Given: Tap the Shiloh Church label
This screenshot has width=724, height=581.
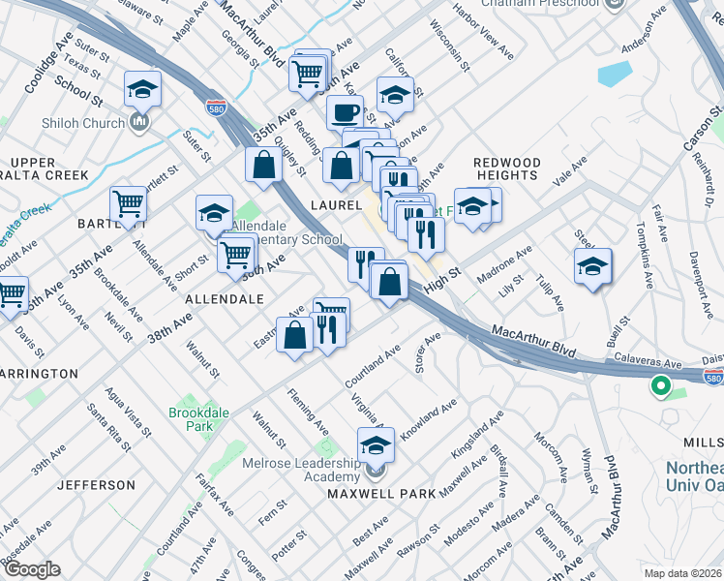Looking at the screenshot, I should pyautogui.click(x=83, y=123).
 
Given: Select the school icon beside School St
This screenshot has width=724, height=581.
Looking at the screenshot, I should pyautogui.click(x=142, y=91).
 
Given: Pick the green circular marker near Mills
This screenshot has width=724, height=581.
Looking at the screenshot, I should pyautogui.click(x=661, y=387).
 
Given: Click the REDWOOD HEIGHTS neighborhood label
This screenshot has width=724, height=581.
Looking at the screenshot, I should pyautogui.click(x=506, y=168).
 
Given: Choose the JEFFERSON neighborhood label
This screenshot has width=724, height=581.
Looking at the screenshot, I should pyautogui.click(x=96, y=484).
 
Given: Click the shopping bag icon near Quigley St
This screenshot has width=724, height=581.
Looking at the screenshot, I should pyautogui.click(x=263, y=166).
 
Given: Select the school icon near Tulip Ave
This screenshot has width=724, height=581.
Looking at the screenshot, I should pyautogui.click(x=592, y=267).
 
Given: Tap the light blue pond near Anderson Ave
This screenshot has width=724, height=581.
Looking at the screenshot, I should pyautogui.click(x=613, y=73).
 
